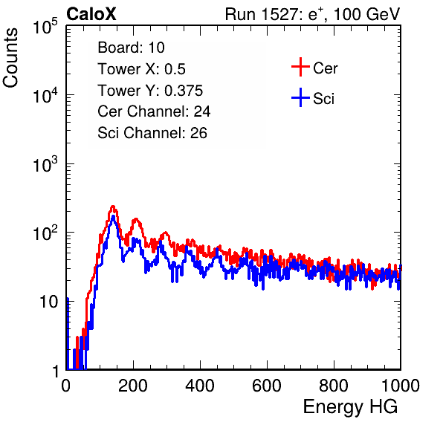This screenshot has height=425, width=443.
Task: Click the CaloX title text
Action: pos(91,14)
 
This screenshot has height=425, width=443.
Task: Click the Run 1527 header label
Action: pos(312,14)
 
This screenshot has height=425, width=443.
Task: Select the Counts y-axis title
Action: pos(10,58)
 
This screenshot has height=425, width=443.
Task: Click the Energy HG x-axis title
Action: pos(350,407)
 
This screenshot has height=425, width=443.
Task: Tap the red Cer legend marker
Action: pos(300,67)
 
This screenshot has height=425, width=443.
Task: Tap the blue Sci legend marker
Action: pos(300,98)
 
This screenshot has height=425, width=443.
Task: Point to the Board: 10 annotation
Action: pos(131,48)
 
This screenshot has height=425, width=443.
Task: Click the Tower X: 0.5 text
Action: pos(141,69)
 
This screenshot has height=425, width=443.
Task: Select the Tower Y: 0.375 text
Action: pos(150,91)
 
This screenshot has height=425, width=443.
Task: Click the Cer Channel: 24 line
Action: pos(154,111)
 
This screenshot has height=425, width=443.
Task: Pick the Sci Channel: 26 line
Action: pos(152,133)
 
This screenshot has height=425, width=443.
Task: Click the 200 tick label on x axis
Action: pos(133,386)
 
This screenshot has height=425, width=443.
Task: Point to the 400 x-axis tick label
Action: pos(200,386)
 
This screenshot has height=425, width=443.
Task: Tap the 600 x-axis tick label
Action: pos(267,386)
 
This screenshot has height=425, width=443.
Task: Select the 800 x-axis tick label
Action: pos(334,386)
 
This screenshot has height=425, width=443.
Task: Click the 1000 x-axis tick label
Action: pos(401,386)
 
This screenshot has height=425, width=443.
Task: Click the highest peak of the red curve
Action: pos(113,207)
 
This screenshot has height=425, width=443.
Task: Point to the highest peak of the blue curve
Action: pos(113,216)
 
